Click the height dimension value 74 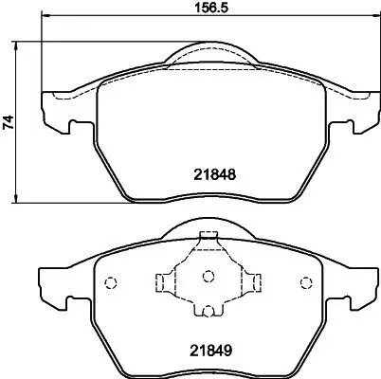tap(9, 121)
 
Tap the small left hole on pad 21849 tap(109, 281)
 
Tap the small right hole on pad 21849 tap(305, 281)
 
